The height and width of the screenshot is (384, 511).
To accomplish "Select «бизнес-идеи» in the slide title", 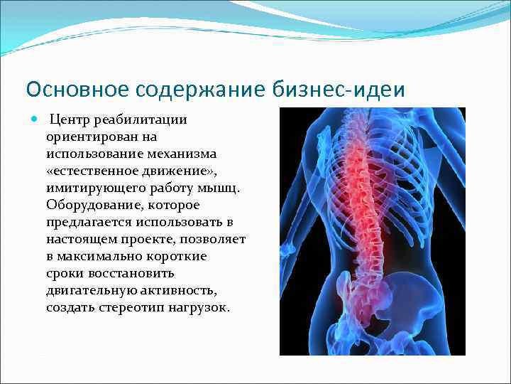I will tap(339, 90).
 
